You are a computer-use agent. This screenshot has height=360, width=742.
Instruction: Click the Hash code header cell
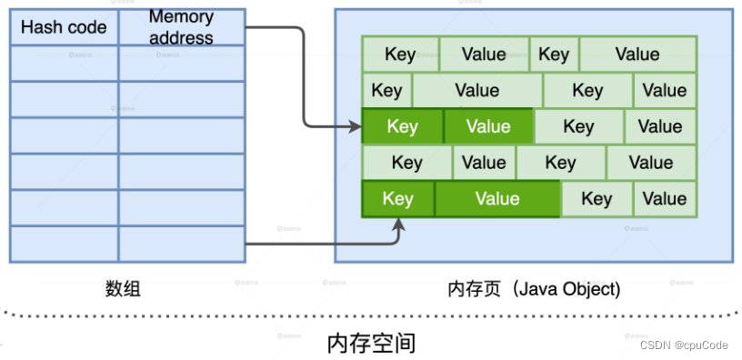(64, 27)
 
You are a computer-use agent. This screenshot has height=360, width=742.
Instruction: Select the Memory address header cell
(181, 27)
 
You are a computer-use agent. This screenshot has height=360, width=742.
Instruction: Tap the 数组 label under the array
(123, 289)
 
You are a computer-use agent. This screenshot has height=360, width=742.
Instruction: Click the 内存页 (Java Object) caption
(534, 289)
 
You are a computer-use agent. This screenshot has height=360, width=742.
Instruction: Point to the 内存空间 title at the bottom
(371, 343)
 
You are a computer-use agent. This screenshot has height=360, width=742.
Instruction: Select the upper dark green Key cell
(402, 126)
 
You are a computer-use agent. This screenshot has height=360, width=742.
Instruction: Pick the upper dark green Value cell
(487, 126)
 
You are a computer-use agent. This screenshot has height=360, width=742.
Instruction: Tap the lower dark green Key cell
(397, 198)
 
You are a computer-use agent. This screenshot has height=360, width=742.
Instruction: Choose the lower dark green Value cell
(496, 198)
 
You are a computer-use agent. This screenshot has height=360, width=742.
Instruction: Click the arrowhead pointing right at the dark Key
(354, 126)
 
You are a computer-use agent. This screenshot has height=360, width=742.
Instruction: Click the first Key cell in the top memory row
(400, 54)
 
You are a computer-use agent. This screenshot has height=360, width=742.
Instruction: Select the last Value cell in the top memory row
(637, 54)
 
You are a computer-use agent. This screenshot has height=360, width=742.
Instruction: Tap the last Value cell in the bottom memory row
(665, 198)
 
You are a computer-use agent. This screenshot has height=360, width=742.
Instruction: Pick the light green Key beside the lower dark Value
(597, 198)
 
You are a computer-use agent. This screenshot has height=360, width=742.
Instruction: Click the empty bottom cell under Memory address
(181, 244)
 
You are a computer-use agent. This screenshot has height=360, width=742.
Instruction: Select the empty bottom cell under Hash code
(64, 244)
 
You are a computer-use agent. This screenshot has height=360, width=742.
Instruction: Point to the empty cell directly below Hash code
(64, 63)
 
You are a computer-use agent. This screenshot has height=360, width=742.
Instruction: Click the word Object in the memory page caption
(590, 289)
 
